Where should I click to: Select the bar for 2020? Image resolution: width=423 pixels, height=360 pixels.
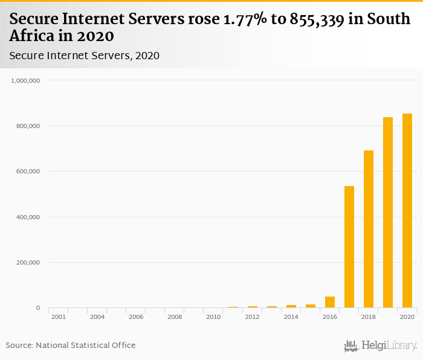coord(407,211)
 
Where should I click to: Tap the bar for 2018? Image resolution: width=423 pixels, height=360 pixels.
coord(368,229)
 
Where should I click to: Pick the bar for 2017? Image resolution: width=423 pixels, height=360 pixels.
coord(349,247)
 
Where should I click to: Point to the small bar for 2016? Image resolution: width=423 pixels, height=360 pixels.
coord(329,302)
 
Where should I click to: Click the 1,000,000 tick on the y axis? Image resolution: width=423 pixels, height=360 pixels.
coord(25,80)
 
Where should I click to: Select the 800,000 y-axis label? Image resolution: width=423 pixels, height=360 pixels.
coord(28,126)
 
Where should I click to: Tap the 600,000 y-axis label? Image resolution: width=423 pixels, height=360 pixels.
coord(28,172)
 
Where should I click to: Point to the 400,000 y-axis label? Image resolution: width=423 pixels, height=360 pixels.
coord(28,217)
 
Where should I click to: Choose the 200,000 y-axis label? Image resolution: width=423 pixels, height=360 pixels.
coord(28,263)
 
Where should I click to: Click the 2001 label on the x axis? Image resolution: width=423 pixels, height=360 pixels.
coord(59,317)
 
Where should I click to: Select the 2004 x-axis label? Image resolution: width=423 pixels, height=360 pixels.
coord(97,317)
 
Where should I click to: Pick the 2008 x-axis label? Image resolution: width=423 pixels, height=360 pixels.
coord(175,317)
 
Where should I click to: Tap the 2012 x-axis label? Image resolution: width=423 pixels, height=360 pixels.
coord(252,317)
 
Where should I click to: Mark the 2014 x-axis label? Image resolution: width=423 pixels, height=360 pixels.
coord(291,317)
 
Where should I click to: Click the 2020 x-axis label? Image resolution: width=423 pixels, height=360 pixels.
coord(407,317)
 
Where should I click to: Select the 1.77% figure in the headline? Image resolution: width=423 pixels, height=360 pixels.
coord(237,19)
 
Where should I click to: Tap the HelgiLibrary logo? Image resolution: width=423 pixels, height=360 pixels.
coord(380,346)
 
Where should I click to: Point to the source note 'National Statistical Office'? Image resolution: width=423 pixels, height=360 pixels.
coord(85,346)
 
